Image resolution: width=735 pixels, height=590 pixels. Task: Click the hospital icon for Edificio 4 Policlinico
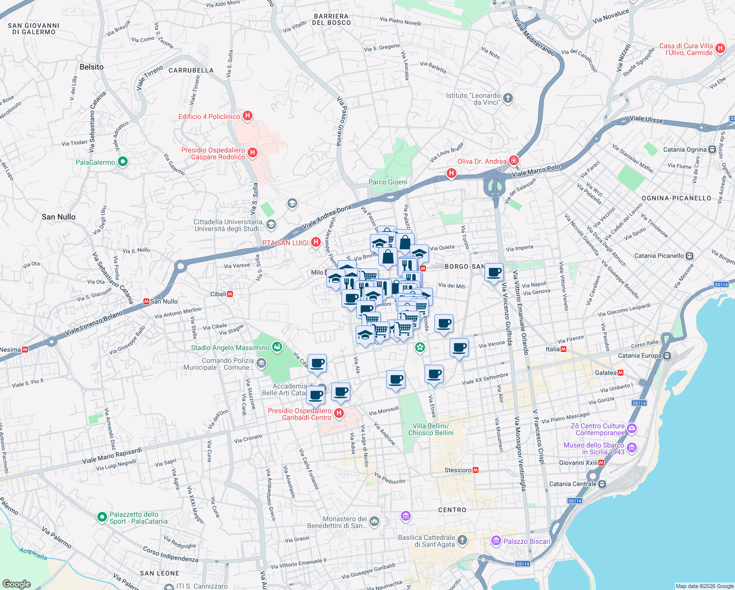tap(248, 116)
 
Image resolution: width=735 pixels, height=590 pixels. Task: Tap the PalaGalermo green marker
tap(123, 162)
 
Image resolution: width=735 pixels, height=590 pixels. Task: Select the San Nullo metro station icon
tap(146, 301)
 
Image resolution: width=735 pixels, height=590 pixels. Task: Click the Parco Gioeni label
tap(388, 182)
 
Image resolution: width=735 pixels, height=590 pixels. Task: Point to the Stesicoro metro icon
tap(475, 470)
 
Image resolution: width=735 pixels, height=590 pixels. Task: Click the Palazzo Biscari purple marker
tap(496, 541)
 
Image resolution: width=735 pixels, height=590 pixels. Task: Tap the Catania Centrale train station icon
tap(602, 484)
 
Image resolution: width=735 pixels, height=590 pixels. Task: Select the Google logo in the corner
tap(16, 584)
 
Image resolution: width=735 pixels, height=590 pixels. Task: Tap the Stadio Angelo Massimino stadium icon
tap(277, 347)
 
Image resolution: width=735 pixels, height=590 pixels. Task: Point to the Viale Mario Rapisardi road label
tap(112, 456)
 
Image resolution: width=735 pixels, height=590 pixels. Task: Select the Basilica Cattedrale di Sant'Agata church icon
tap(462, 540)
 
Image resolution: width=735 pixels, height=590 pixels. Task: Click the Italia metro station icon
tap(564, 349)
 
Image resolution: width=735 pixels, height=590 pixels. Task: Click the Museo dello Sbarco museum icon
tap(632, 448)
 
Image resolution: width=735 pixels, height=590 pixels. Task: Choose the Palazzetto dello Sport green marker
tap(102, 517)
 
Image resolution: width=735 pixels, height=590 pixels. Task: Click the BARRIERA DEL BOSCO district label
tap(332, 19)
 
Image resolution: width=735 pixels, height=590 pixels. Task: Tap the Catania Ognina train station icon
tap(712, 149)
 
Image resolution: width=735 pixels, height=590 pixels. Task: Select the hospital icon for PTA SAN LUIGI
tap(316, 242)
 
